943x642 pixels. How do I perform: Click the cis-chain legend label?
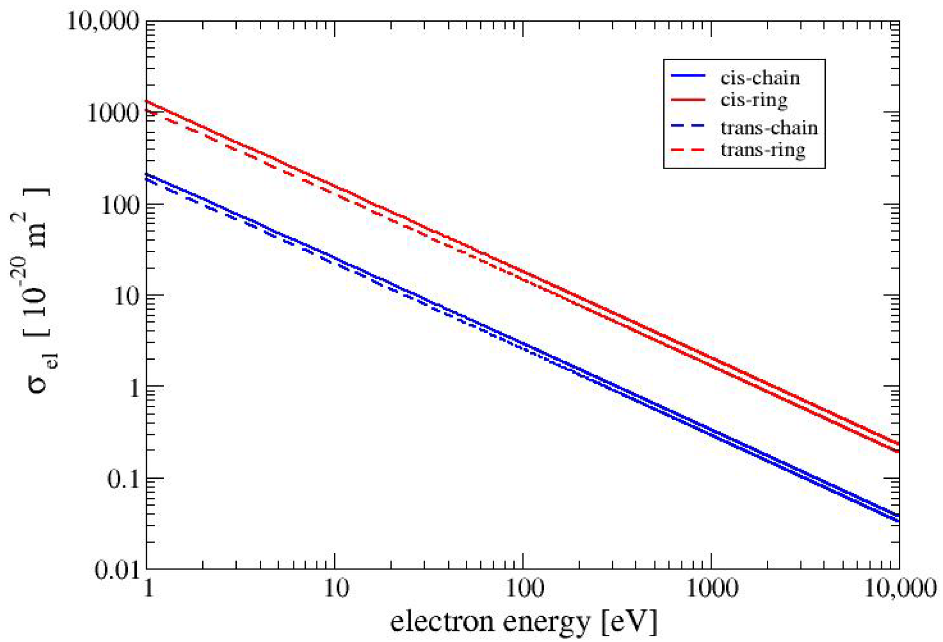759,78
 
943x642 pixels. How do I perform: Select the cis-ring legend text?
754,100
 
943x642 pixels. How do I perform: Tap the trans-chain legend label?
769,128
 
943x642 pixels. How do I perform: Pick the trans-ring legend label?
762,150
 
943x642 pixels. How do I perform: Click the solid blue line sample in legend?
688,77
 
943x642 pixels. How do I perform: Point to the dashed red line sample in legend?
688,150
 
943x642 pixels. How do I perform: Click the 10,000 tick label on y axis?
103,21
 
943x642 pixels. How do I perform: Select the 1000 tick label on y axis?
113,113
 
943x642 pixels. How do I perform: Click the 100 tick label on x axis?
523,589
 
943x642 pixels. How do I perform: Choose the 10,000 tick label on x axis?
900,589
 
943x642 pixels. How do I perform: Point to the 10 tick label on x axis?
335,589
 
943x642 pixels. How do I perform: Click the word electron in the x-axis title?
443,622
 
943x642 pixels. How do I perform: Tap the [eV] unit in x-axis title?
629,622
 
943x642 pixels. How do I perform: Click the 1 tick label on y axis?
133,388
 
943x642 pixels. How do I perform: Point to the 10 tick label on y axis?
127,296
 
